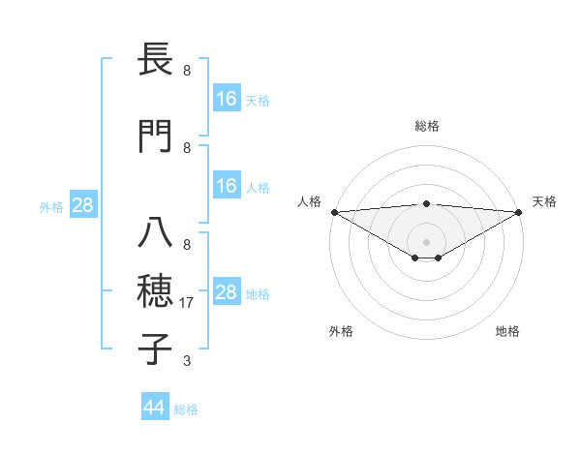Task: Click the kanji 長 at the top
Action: click(156, 60)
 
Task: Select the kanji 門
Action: click(156, 136)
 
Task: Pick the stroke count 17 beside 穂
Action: click(188, 303)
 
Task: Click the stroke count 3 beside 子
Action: click(187, 361)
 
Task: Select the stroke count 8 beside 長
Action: click(187, 71)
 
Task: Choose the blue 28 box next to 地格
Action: click(226, 292)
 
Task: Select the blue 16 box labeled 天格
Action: click(226, 98)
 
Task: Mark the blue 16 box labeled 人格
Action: click(226, 186)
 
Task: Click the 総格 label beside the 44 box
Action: click(186, 409)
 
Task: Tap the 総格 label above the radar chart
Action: click(427, 126)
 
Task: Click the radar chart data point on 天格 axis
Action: click(518, 212)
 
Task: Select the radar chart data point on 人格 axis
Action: click(334, 212)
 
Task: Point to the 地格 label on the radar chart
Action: click(507, 331)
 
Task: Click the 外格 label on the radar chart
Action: click(341, 331)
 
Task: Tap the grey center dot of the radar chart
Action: click(426, 241)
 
